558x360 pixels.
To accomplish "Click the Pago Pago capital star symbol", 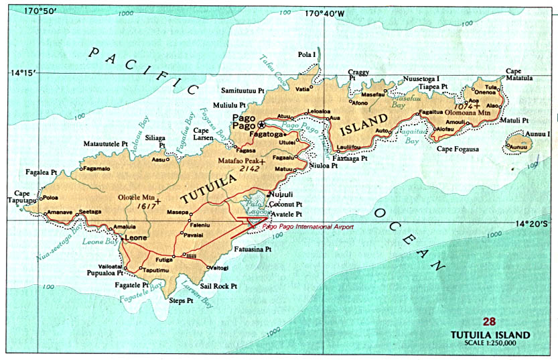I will click(263, 124).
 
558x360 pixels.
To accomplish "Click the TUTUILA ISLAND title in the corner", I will click(491, 335).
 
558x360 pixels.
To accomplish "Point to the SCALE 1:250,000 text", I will click(492, 343).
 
